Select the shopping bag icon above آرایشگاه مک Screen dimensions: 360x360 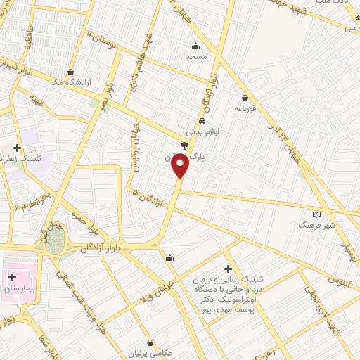pos(71,72)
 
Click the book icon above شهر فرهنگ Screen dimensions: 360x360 pos(316,213)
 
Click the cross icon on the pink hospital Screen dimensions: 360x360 pos(12,278)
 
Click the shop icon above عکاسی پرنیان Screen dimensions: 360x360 pos(149,343)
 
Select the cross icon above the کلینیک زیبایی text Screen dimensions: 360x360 pos(228,269)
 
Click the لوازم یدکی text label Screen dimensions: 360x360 pos(202,131)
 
